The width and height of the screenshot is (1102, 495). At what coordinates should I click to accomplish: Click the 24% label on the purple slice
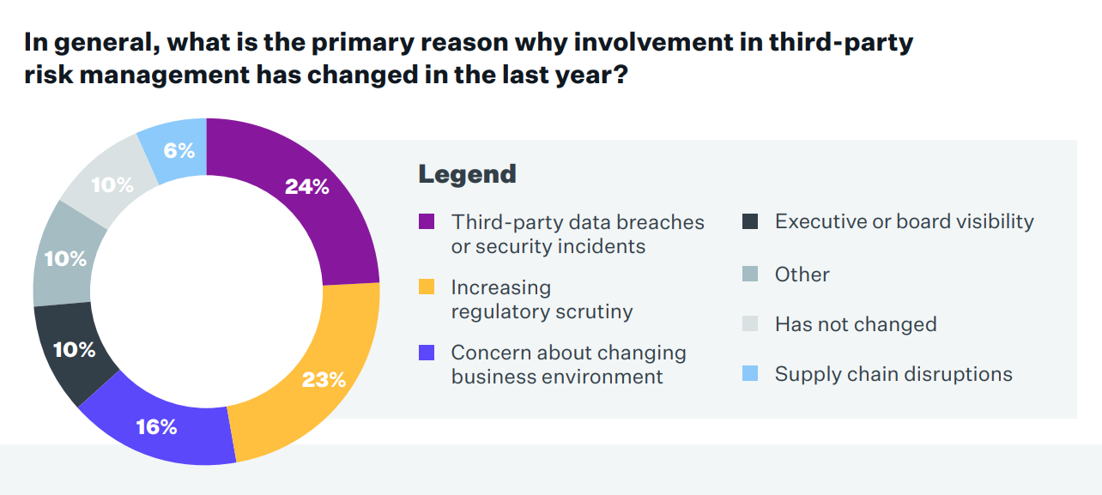[x=306, y=187]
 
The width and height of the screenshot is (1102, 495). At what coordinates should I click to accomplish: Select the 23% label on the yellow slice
[x=324, y=379]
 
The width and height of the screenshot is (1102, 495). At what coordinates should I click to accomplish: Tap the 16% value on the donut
[x=156, y=426]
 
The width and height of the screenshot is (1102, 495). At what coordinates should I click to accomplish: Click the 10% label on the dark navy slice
[x=75, y=350]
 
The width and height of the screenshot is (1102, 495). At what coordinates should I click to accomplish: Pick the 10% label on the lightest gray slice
[x=112, y=184]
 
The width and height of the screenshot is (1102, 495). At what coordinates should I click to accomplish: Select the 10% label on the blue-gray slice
[x=66, y=258]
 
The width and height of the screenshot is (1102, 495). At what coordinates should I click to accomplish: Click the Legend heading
[x=467, y=174]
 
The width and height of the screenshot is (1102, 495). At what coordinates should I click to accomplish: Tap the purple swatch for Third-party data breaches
[x=427, y=222]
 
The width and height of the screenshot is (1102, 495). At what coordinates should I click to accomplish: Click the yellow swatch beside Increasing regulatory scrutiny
[x=427, y=287]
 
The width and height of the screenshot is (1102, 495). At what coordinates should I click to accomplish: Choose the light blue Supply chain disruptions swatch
[x=750, y=374]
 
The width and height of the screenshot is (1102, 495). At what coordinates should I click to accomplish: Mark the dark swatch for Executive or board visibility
[x=750, y=222]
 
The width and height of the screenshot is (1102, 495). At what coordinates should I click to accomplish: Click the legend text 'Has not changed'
[x=855, y=324]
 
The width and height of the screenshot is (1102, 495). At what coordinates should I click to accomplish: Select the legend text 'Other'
[x=802, y=275]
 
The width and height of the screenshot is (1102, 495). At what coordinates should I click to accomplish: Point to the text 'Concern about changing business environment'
[x=568, y=365]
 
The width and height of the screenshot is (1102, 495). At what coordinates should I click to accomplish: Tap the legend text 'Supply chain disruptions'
[x=893, y=374]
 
